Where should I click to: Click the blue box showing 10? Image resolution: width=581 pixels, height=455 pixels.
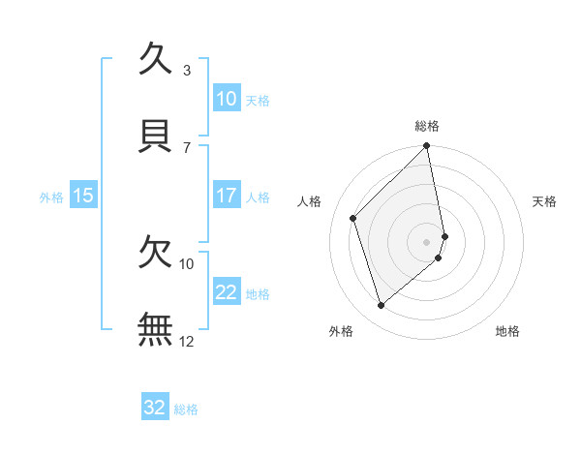[226, 99]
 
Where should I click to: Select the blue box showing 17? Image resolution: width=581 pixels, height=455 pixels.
[226, 196]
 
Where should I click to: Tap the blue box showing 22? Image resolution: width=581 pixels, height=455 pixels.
[226, 292]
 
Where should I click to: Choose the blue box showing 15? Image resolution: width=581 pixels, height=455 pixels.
[83, 196]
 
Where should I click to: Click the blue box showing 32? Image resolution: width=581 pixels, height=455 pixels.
[155, 408]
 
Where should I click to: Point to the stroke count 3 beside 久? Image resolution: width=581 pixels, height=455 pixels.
[187, 70]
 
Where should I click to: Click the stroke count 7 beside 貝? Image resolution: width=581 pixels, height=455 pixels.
[187, 147]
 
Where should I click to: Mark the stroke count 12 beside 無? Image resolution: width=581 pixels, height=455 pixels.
[187, 341]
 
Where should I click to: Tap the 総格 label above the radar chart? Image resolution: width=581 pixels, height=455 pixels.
[427, 126]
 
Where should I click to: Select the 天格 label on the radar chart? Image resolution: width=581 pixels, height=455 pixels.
[545, 201]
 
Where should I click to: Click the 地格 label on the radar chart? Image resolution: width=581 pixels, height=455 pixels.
[507, 331]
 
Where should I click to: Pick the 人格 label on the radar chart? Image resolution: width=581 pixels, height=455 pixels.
[310, 201]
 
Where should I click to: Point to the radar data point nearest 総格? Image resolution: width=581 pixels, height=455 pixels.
[427, 146]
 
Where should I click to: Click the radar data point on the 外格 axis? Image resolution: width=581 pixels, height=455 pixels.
[382, 306]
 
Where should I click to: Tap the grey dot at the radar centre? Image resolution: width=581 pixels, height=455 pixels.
[427, 241]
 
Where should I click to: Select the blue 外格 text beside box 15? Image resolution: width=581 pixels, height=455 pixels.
[51, 197]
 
